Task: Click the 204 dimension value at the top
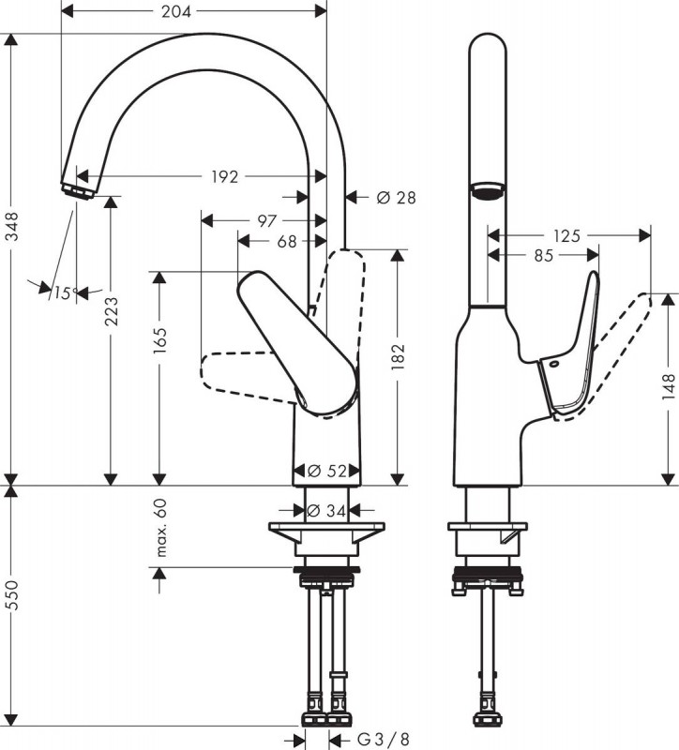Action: pyautogui.click(x=176, y=11)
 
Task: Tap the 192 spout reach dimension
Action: pyautogui.click(x=224, y=177)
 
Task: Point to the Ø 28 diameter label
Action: pyautogui.click(x=396, y=197)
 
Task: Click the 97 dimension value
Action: pyautogui.click(x=267, y=221)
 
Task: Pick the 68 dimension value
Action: pyautogui.click(x=287, y=242)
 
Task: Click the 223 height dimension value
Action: pyautogui.click(x=111, y=311)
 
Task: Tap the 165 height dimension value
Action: pyautogui.click(x=159, y=340)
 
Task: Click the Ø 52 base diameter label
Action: pyautogui.click(x=327, y=472)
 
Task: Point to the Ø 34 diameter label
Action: pyautogui.click(x=325, y=511)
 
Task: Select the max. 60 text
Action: pyautogui.click(x=161, y=527)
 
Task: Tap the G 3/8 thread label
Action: pyautogui.click(x=384, y=740)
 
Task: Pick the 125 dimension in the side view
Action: pyautogui.click(x=567, y=236)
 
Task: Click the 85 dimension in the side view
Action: pyautogui.click(x=544, y=256)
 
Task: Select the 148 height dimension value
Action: pyautogui.click(x=669, y=381)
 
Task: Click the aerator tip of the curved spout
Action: pyautogui.click(x=77, y=192)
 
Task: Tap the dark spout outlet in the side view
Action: pyautogui.click(x=488, y=190)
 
